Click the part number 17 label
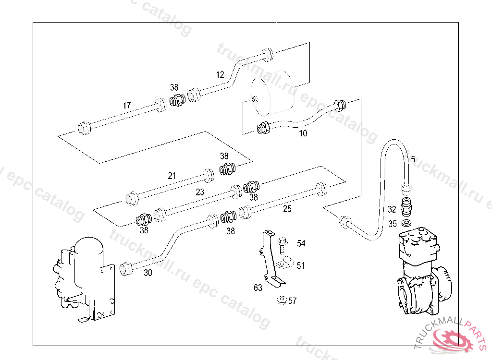pos(127,106)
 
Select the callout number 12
pos(220,75)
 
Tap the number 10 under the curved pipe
pos(303,133)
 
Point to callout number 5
pos(413,159)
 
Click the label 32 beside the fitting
pos(392,209)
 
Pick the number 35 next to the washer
pos(393,224)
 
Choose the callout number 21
pos(172,176)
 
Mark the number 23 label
pos(200,192)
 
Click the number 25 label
pos(287,209)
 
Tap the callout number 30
pos(148,273)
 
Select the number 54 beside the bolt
pos(301,244)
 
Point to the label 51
pos(300,265)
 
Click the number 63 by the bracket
pos(258,288)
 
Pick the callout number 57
pos(292,301)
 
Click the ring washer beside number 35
pos(407,224)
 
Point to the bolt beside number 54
pos(283,243)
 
